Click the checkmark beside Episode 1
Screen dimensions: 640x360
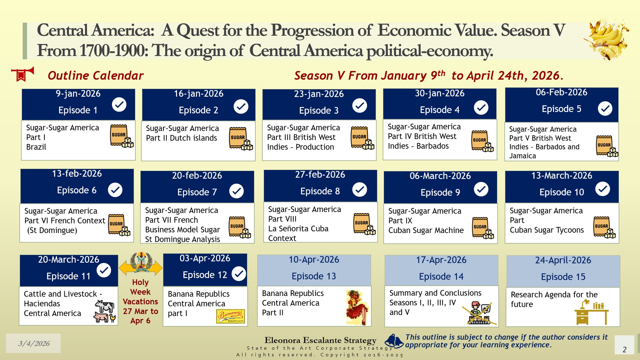point(119,104)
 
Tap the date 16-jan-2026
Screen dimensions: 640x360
point(199,94)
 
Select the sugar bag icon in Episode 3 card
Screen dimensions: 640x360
point(362,138)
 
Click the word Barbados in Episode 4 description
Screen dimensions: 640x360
point(432,146)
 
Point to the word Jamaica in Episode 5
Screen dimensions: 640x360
point(523,156)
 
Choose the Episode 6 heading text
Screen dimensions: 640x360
point(77,190)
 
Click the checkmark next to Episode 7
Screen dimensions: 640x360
point(237,191)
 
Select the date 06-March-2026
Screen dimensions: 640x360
point(440,176)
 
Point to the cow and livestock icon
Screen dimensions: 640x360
point(105,311)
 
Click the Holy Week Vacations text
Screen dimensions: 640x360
point(140,301)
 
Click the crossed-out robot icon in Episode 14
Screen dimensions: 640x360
point(479,313)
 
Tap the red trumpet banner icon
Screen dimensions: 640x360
point(22,74)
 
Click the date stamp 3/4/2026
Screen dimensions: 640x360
point(34,343)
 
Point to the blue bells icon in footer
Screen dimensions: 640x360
point(394,341)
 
